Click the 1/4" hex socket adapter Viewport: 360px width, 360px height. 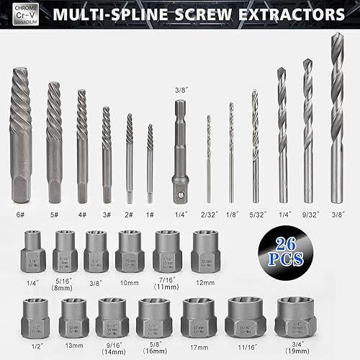point(180,151)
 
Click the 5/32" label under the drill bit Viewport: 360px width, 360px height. point(254,213)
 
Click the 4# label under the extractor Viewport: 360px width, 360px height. point(81,213)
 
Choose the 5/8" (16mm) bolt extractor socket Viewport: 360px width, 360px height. point(155,315)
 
